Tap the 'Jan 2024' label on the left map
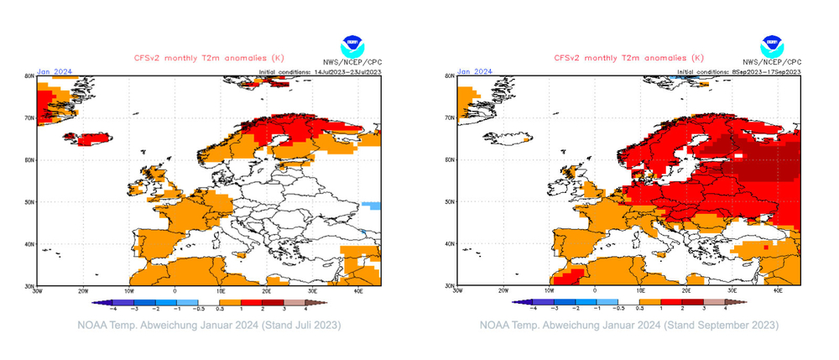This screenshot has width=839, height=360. coord(53,71)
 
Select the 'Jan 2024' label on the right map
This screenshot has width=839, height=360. coord(472,71)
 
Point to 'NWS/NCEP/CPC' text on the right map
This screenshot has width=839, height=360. coord(772,63)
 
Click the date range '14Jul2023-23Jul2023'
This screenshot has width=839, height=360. coord(346,72)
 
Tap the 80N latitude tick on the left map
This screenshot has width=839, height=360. coord(29,76)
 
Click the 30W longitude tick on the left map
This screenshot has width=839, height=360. coord(36,290)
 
